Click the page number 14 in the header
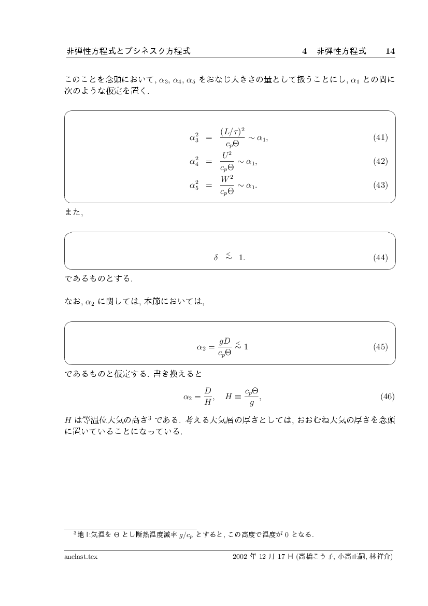coord(390,51)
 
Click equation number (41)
coord(380,137)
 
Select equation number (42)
coord(380,161)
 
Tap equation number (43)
coord(380,185)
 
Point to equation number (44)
coord(380,258)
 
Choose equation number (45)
coord(380,347)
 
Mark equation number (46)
coord(388,397)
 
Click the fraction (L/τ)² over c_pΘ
coord(232,137)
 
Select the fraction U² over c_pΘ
coord(227,161)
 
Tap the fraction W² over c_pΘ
coord(227,185)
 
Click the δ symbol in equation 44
coord(216,258)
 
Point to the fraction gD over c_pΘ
coord(224,347)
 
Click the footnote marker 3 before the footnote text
coord(75,532)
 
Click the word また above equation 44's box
coord(73,212)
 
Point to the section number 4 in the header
coord(305,51)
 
